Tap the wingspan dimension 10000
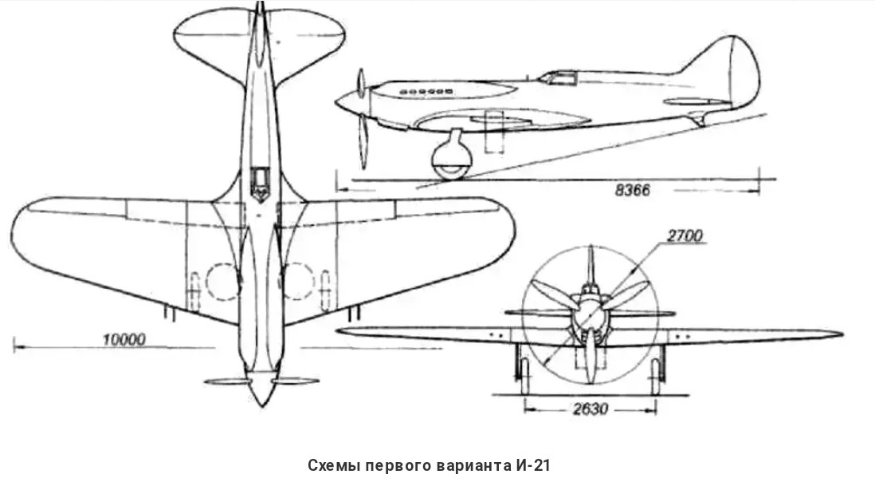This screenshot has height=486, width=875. (124, 339)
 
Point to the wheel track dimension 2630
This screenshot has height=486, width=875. (591, 409)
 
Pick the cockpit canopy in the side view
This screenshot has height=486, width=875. (558, 77)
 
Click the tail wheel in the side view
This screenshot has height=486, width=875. (699, 121)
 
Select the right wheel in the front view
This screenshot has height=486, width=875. (656, 374)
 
